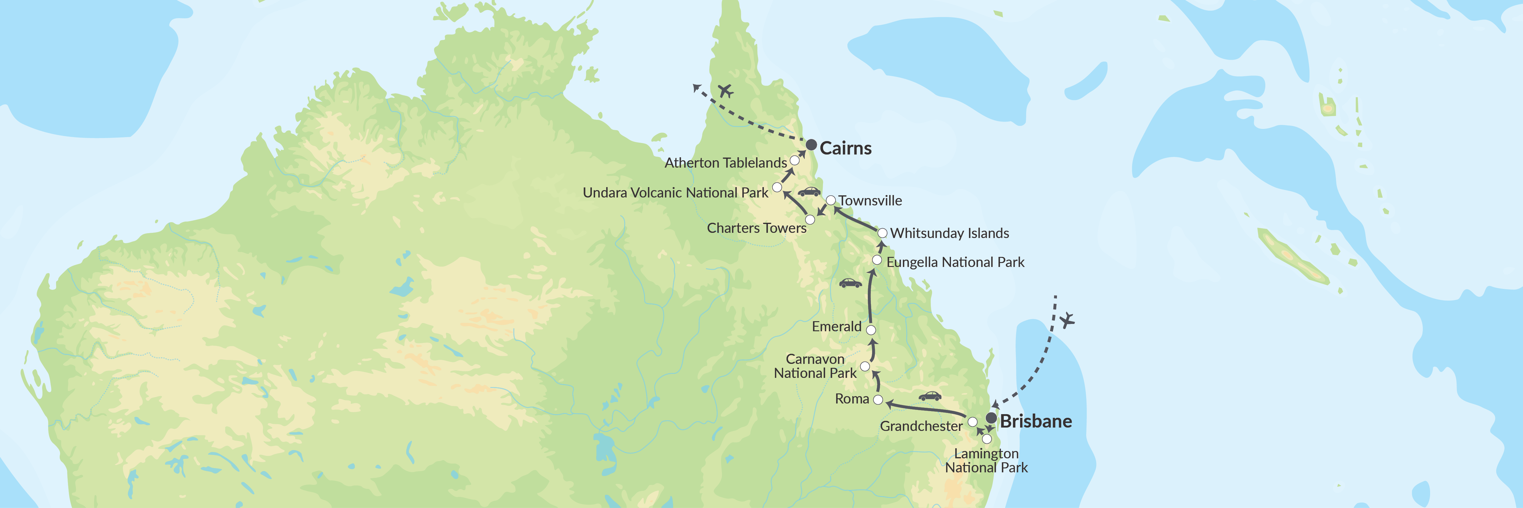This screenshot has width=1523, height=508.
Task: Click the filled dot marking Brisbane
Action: pyautogui.click(x=991, y=418)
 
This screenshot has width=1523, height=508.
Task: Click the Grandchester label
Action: pyautogui.click(x=921, y=426)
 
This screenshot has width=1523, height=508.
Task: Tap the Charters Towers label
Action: pyautogui.click(x=756, y=228)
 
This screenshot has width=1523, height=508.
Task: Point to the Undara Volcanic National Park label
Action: pyautogui.click(x=675, y=193)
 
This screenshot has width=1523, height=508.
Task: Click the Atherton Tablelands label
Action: pyautogui.click(x=726, y=163)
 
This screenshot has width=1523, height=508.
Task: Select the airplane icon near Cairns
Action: pyautogui.click(x=726, y=91)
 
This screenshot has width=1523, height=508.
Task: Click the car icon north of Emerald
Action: pyautogui.click(x=850, y=283)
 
